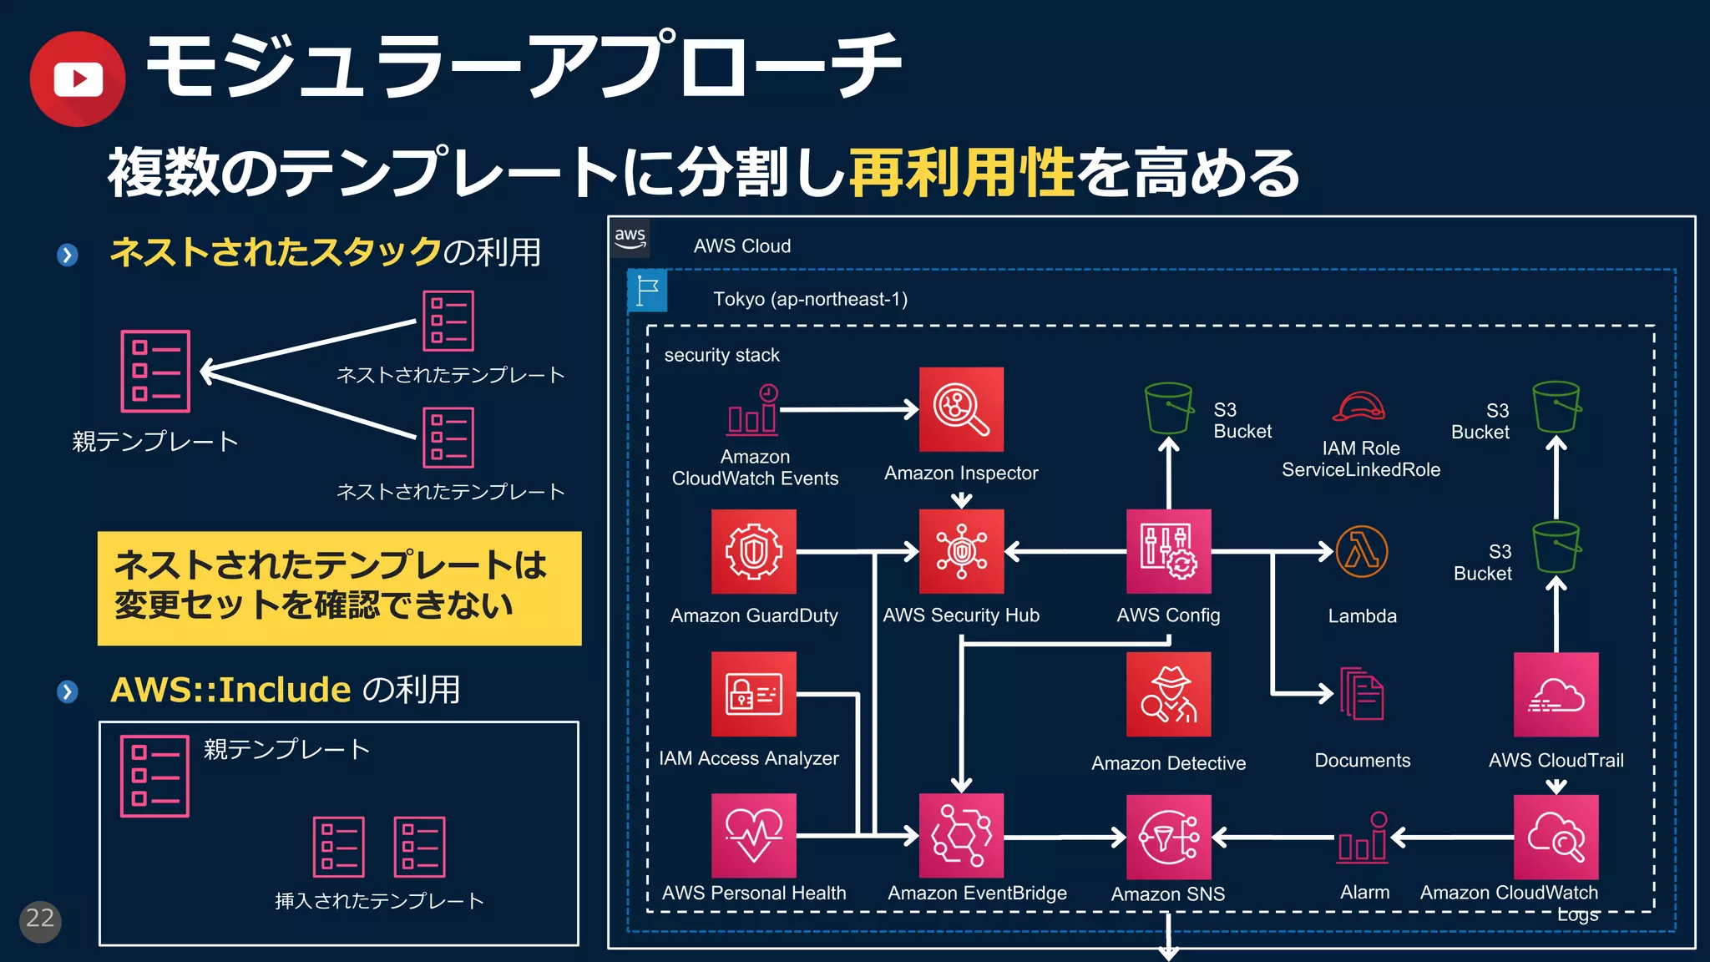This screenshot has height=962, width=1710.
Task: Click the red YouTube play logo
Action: (x=78, y=79)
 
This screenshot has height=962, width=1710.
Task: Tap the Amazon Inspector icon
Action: (x=961, y=409)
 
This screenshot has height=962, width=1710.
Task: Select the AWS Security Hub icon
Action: (x=961, y=551)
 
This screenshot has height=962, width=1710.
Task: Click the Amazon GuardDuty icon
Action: (x=753, y=551)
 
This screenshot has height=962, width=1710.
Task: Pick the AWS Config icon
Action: (x=1168, y=551)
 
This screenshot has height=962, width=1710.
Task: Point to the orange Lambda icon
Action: (x=1362, y=551)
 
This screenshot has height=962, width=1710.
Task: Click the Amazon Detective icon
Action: (x=1168, y=694)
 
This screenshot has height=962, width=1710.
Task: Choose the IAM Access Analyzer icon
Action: (x=753, y=694)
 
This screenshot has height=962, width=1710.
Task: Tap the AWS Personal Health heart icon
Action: (x=753, y=835)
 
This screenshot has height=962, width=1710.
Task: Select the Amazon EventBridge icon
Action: (x=961, y=835)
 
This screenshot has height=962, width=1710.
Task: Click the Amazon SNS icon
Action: (x=1168, y=837)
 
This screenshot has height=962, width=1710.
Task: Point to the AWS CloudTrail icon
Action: (x=1556, y=695)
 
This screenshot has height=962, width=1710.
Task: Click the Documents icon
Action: (x=1362, y=693)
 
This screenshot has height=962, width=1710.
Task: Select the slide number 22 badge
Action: (x=40, y=921)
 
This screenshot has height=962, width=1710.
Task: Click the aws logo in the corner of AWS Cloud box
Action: (x=630, y=238)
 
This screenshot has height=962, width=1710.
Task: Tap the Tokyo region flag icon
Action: (x=647, y=291)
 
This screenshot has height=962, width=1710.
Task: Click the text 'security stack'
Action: (x=721, y=355)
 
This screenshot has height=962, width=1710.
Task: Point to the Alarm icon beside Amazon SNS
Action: (x=1363, y=837)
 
